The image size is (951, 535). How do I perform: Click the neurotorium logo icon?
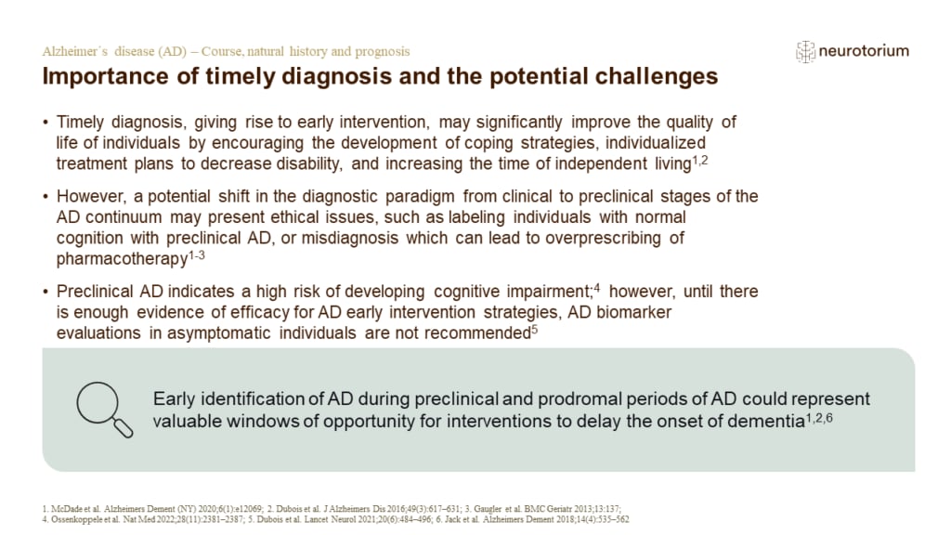[x=805, y=52]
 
